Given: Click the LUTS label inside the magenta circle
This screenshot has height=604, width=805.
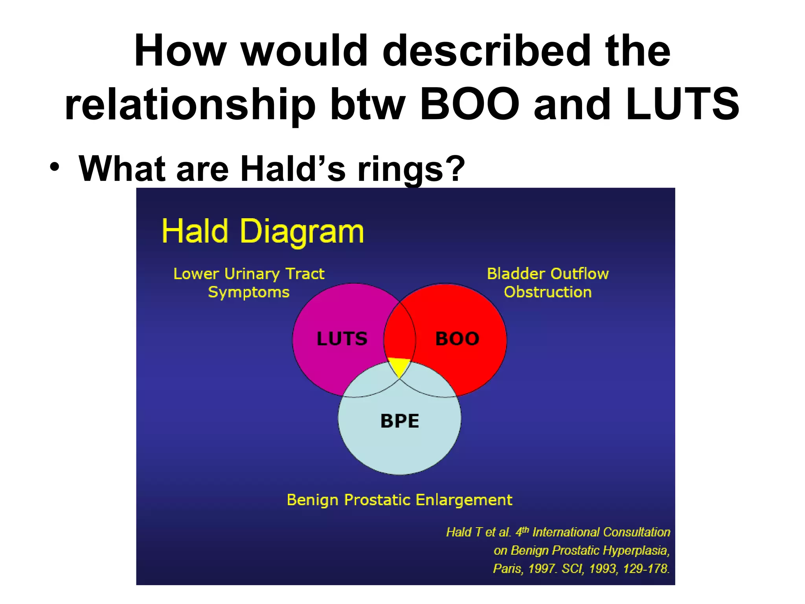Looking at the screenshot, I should click(x=342, y=339).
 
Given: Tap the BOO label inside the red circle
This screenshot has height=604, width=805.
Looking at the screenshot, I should click(x=457, y=339).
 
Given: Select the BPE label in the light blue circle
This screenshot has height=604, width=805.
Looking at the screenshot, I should click(x=399, y=421).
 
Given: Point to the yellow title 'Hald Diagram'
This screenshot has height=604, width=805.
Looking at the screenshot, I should click(x=263, y=232).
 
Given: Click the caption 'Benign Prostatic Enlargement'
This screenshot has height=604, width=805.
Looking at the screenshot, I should click(x=399, y=500).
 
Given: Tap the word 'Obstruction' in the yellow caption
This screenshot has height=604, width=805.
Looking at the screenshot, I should click(x=548, y=292).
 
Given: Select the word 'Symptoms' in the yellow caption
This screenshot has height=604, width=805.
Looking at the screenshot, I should click(x=248, y=292).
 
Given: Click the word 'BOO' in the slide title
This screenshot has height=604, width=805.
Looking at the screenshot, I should click(x=470, y=105).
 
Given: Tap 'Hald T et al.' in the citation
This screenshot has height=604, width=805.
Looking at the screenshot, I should click(x=478, y=532).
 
